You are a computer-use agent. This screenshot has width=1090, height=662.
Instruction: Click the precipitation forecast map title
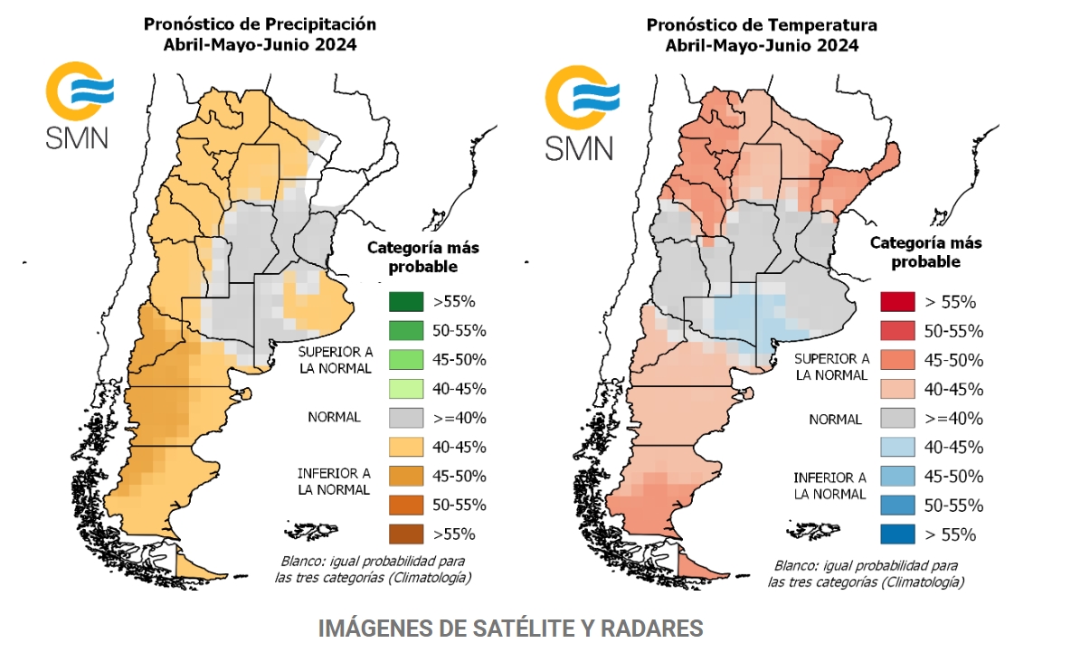coord(260,33)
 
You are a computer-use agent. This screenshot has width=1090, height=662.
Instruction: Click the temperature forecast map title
coord(761,33)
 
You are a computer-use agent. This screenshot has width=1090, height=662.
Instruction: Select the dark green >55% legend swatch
coord(406,301)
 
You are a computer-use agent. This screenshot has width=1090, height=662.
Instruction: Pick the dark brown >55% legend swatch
coord(406,533)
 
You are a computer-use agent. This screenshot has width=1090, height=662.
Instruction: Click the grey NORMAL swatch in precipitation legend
coord(406,417)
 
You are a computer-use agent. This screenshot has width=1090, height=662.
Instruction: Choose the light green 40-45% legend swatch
coord(406,388)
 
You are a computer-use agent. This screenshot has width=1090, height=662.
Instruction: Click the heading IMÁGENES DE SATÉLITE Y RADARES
coord(510,629)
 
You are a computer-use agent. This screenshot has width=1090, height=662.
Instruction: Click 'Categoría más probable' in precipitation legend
coord(422,257)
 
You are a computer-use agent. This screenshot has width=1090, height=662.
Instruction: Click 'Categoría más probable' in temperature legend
coord(925,252)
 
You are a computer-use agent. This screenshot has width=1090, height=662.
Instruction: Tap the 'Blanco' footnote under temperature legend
coord(866,572)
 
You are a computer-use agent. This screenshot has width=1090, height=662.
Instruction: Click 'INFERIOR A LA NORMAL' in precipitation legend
coord(334,481)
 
